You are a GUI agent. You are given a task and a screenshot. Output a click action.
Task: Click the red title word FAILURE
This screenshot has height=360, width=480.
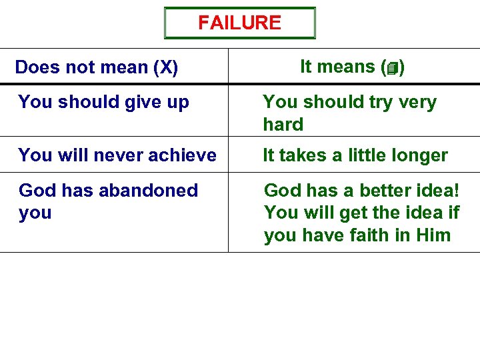[239, 23]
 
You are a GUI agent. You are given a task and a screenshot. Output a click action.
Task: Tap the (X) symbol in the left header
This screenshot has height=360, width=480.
[165, 67]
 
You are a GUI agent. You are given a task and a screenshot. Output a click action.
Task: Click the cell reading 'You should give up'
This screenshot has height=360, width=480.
[104, 102]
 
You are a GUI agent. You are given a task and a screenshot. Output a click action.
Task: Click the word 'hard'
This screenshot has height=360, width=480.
[283, 125]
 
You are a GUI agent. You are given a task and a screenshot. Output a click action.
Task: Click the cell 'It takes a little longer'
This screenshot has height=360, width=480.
[355, 155]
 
